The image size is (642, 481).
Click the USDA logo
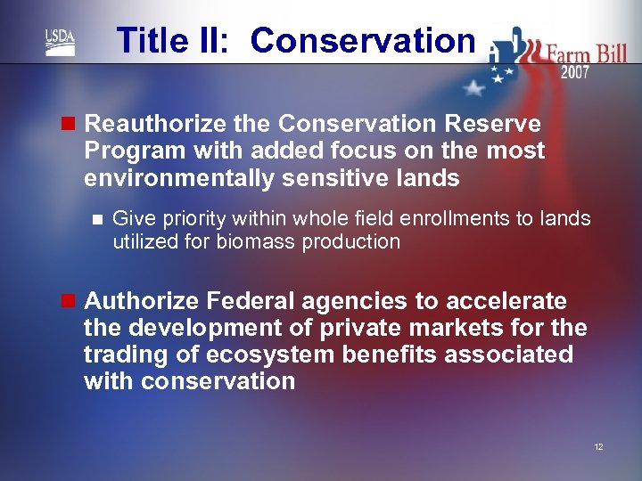click(x=60, y=42)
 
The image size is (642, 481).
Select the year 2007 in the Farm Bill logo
click(x=574, y=72)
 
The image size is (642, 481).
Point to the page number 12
click(x=598, y=446)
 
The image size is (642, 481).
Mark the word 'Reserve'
click(x=494, y=124)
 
